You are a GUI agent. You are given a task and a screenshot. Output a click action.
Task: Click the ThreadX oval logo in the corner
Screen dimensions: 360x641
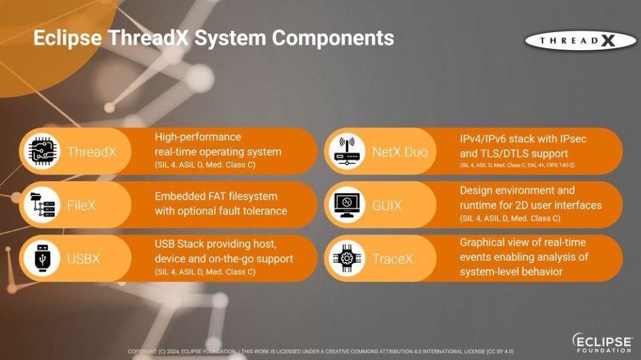click(x=580, y=41)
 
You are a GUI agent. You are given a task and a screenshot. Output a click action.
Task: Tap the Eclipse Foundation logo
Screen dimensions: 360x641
click(x=602, y=343)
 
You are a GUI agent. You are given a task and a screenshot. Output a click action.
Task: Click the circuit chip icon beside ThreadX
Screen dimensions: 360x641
click(x=42, y=152)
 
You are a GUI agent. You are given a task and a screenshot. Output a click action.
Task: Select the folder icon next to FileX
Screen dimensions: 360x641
click(x=42, y=205)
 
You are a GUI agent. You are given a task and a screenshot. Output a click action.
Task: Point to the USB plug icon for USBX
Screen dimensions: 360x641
click(x=42, y=258)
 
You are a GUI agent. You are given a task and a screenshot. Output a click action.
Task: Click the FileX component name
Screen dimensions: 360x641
click(x=81, y=205)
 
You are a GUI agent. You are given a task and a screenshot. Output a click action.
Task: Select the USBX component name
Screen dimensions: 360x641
click(x=83, y=258)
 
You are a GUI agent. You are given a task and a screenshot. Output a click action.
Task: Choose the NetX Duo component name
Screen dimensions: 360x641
click(x=400, y=152)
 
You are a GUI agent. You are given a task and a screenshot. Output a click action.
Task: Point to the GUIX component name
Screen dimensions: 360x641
click(x=387, y=205)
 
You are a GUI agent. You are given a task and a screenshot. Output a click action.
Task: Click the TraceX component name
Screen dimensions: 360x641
click(x=393, y=258)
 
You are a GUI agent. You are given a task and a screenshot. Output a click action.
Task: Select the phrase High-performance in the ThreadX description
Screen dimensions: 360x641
click(x=198, y=137)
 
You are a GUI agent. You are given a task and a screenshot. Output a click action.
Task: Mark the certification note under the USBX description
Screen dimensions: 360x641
click(x=205, y=272)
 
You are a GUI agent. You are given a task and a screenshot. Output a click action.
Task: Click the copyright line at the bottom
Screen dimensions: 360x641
click(x=320, y=351)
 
